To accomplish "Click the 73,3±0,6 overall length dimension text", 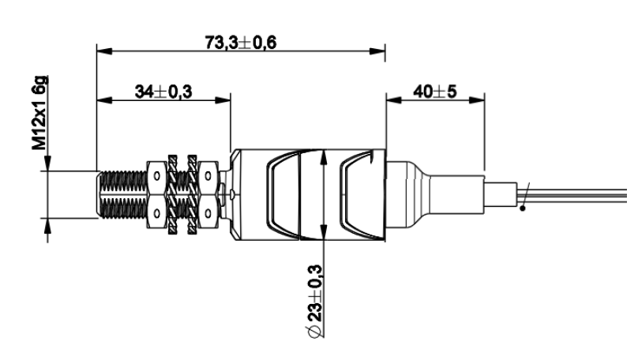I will [241, 42].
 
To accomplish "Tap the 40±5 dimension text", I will [435, 92].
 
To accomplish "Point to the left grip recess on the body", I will [280, 194].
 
